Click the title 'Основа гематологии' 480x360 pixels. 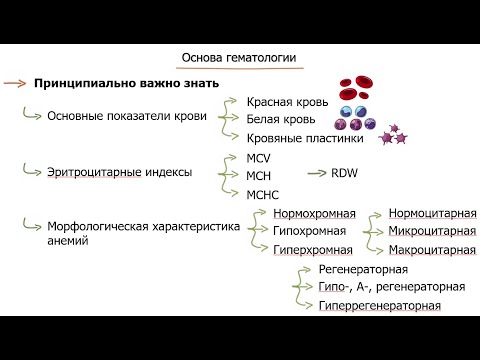coord(239,59)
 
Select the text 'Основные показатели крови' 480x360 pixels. coord(127,116)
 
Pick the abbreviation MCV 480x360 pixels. coord(259,158)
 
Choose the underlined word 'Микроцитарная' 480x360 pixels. coord(432,231)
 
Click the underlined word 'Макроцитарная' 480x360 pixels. coord(432,249)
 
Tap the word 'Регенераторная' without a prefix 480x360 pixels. coord(362,270)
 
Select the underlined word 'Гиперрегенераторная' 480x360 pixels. coord(379,304)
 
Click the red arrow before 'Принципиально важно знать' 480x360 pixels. coord(14,83)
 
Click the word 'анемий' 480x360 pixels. coord(67,240)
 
